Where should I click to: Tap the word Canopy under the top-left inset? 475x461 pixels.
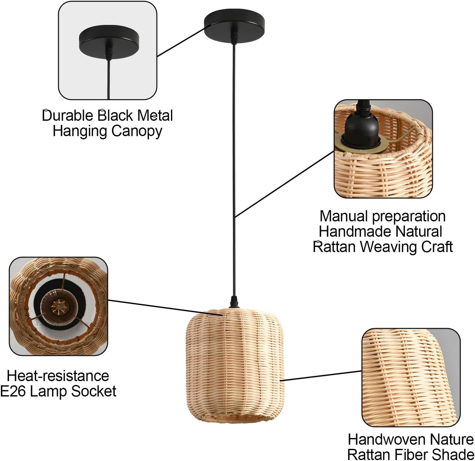point(137,131)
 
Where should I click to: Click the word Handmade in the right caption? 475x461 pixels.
point(354,231)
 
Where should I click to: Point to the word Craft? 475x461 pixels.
point(437,247)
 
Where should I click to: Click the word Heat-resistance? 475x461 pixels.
point(58,376)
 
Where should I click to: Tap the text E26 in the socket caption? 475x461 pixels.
point(12,391)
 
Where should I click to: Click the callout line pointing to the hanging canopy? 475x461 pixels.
point(181,41)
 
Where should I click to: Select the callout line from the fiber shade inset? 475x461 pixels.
point(322,376)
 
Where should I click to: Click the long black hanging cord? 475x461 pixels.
point(234,164)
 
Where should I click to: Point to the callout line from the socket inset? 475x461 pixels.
point(164,307)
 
